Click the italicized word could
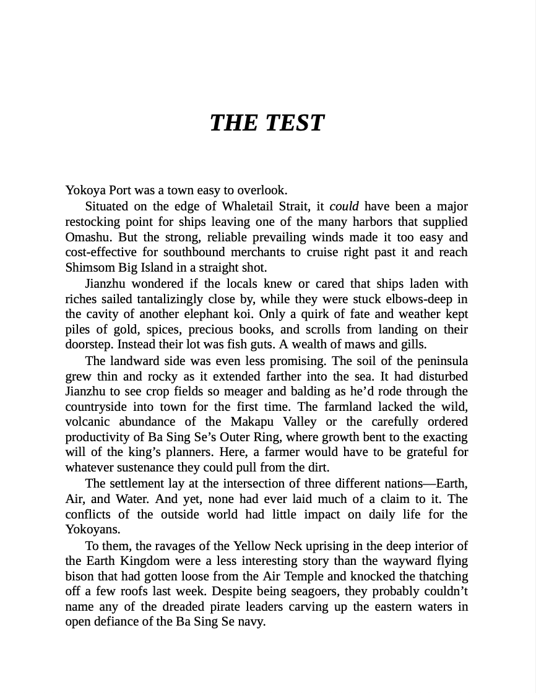point(344,206)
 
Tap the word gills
point(410,345)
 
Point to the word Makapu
point(251,422)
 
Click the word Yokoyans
point(92,530)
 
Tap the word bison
point(79,576)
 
